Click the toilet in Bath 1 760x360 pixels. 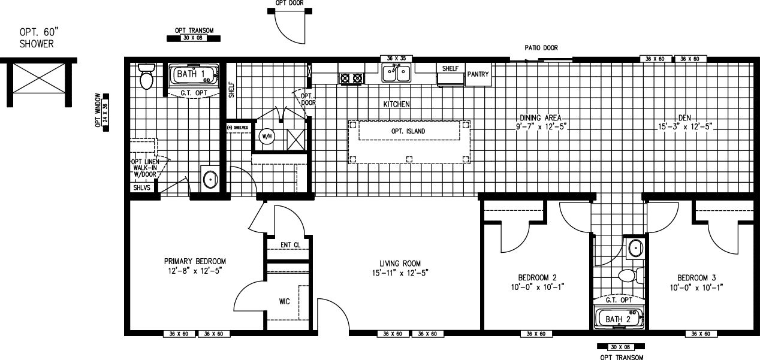[146, 77]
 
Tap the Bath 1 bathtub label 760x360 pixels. [186, 74]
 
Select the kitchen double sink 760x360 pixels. [396, 74]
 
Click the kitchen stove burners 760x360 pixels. [352, 77]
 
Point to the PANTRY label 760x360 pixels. [478, 75]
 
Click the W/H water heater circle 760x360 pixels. [266, 136]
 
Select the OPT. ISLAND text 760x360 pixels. [409, 131]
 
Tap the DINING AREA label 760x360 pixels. [541, 118]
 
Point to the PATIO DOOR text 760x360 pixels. [542, 47]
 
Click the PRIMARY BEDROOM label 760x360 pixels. [195, 261]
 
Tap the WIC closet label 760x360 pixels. [284, 301]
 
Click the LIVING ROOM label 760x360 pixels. [400, 264]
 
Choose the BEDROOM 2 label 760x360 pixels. [538, 277]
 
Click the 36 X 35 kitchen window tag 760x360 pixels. [395, 58]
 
